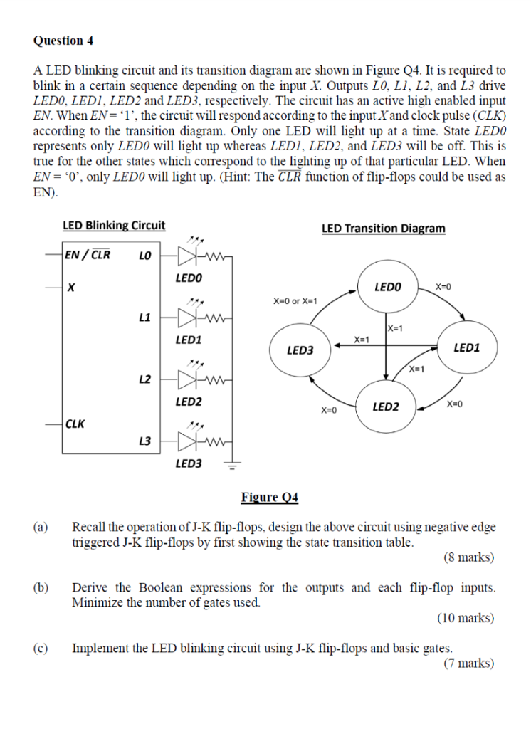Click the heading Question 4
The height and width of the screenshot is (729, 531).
[63, 41]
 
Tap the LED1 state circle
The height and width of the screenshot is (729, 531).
[466, 347]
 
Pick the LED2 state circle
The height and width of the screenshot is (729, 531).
[384, 407]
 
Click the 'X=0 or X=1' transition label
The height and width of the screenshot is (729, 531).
[296, 301]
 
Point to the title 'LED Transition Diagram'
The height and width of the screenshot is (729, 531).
[383, 229]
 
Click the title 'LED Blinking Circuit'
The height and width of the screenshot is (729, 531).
[114, 226]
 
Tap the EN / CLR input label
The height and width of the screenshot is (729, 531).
[88, 254]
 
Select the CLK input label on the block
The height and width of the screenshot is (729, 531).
[75, 424]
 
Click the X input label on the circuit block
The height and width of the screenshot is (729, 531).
[70, 288]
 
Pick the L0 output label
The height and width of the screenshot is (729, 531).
[144, 254]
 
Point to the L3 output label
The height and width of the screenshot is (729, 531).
[144, 441]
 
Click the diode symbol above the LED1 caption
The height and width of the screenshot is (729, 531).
[189, 316]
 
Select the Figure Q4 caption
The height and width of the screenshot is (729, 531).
[270, 497]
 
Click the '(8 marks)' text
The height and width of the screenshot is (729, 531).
[468, 557]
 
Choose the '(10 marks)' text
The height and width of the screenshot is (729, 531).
[466, 618]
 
